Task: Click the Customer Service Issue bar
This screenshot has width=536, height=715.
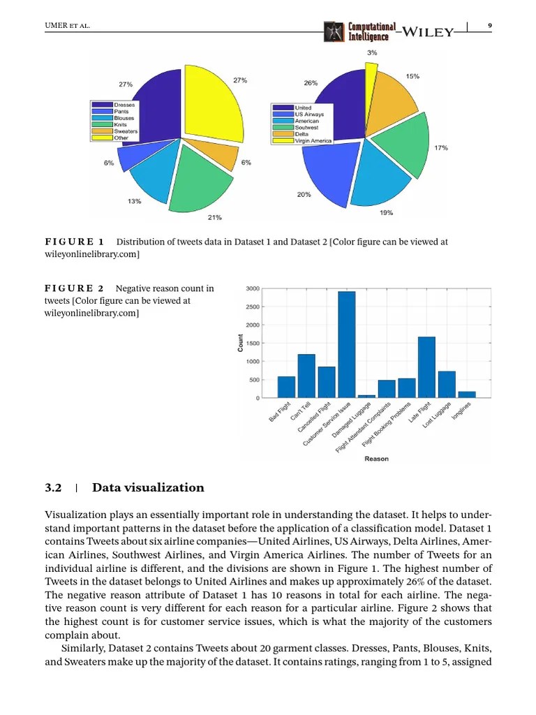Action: pyautogui.click(x=346, y=344)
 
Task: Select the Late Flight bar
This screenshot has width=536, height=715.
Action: pyautogui.click(x=426, y=367)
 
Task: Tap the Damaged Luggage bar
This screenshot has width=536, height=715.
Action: pyautogui.click(x=366, y=396)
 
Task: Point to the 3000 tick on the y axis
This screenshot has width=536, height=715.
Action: pyautogui.click(x=253, y=289)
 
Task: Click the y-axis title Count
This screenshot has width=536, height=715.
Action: pyautogui.click(x=241, y=342)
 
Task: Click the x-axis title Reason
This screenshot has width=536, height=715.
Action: pyautogui.click(x=376, y=459)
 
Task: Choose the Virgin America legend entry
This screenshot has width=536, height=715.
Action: pyautogui.click(x=301, y=140)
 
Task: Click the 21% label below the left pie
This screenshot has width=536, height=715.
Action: pyautogui.click(x=214, y=218)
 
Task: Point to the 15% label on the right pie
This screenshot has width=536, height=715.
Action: pyautogui.click(x=412, y=76)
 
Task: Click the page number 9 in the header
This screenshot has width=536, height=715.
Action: pyautogui.click(x=489, y=26)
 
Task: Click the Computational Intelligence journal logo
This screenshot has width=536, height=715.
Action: pyautogui.click(x=360, y=31)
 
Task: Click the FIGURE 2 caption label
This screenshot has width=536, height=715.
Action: pyautogui.click(x=74, y=288)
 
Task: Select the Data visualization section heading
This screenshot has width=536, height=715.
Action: pyautogui.click(x=148, y=487)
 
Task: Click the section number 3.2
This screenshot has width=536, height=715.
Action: pyautogui.click(x=54, y=487)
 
